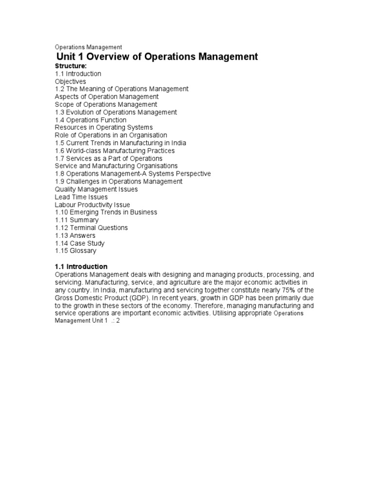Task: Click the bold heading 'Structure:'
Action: point(70,66)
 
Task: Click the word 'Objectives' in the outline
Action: point(70,82)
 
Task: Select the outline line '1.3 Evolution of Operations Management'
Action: point(116,112)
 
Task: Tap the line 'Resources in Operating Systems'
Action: point(104,128)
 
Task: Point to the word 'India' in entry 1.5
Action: point(177,143)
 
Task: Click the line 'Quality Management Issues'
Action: point(96,189)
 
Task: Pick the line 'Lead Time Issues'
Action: point(81,197)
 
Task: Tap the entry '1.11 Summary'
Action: point(77,220)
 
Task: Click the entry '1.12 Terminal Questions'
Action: point(91,228)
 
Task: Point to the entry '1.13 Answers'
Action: point(75,235)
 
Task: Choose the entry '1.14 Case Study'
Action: point(80,243)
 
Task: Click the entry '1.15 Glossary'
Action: point(76,251)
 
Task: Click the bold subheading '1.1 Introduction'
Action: point(81,266)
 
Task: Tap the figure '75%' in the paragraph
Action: point(285,290)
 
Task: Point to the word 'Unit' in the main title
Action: point(68,57)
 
